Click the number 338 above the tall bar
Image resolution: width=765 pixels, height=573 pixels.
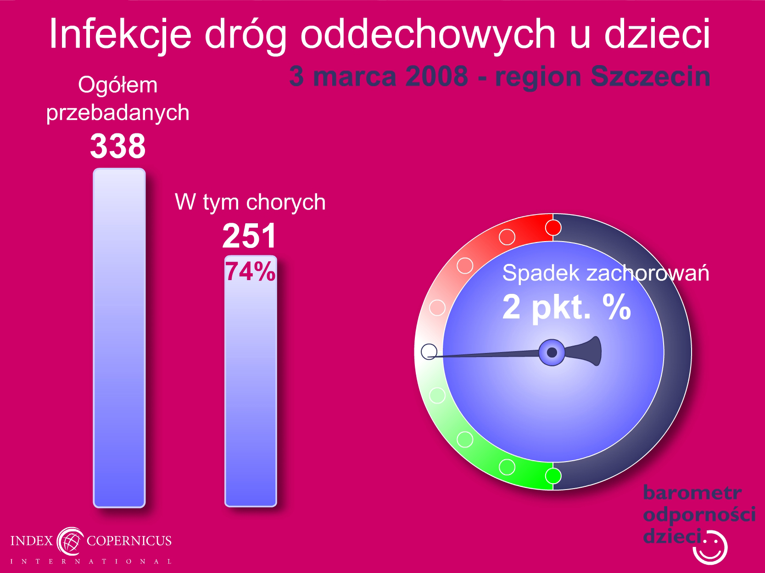pos(118,146)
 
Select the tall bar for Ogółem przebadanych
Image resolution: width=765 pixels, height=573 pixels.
pos(119,338)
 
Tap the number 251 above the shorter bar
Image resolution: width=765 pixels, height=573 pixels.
pos(250,236)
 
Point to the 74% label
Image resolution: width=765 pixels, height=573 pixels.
pos(250,271)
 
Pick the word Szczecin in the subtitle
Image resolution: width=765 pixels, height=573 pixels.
pos(650,77)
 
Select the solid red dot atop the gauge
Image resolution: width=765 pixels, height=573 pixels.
pos(553,228)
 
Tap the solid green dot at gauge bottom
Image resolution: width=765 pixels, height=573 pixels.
pos(553,476)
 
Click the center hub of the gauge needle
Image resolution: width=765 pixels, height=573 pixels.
pos(552,353)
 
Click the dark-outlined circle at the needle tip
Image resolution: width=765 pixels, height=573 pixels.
pos(429,352)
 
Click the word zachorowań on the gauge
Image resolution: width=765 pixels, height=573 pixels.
pos(648,273)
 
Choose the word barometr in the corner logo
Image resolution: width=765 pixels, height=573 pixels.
pos(692,493)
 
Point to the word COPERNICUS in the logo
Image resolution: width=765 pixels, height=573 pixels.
pos(129,541)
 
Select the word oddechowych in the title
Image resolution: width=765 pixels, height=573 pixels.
pos(428,34)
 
